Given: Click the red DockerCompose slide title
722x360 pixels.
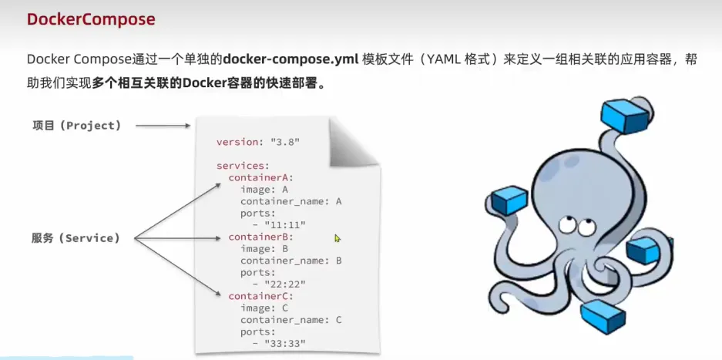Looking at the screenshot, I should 91,19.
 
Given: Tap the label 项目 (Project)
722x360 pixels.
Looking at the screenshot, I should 77,125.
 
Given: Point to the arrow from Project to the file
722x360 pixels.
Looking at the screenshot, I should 161,125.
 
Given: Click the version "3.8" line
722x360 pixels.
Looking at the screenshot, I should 258,143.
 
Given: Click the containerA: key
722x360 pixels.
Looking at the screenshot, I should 260,177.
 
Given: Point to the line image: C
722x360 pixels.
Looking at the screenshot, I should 264,308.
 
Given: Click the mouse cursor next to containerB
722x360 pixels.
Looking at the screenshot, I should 337,239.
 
